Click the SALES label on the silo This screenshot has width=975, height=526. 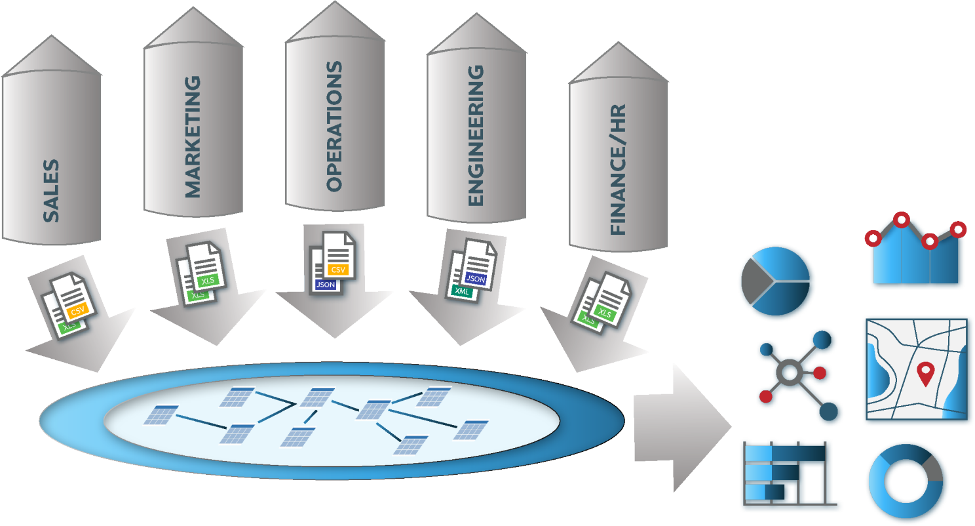tap(51, 190)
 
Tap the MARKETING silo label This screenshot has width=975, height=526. tap(193, 137)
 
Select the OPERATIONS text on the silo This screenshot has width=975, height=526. tap(334, 126)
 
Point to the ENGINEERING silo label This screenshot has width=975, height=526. tap(476, 135)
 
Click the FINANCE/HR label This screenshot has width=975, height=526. tap(618, 169)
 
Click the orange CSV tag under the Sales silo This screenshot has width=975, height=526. tap(78, 310)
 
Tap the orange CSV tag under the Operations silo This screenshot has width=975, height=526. tap(338, 270)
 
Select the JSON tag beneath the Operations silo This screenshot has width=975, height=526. tap(326, 285)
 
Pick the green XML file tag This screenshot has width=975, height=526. tap(462, 291)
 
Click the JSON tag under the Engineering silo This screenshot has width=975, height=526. tap(476, 279)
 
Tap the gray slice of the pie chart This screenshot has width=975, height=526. tap(755, 281)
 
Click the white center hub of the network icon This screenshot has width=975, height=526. tap(790, 373)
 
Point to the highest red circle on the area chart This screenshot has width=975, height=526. tap(902, 220)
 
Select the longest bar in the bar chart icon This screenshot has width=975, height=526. tap(785, 453)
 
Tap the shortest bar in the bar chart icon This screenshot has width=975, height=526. tap(765, 492)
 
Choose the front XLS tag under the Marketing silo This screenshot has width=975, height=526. tap(208, 281)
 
